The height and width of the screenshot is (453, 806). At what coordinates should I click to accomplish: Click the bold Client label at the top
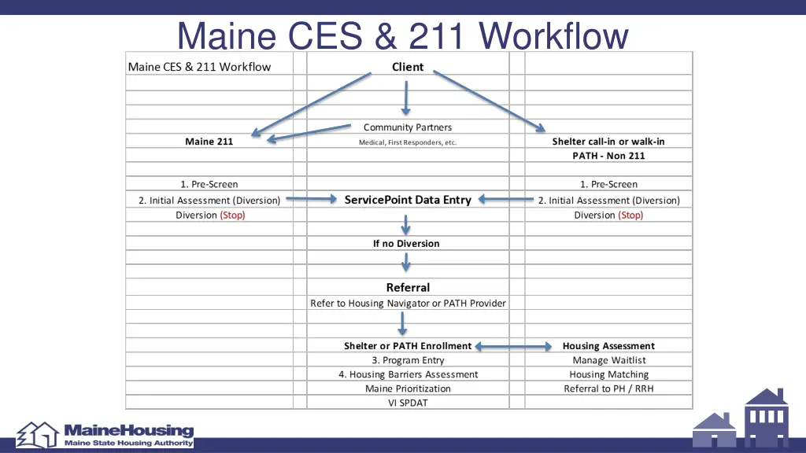pyautogui.click(x=408, y=67)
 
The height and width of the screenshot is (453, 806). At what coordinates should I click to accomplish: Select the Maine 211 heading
pyautogui.click(x=209, y=142)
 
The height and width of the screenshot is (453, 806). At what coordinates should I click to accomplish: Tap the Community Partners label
pyautogui.click(x=408, y=127)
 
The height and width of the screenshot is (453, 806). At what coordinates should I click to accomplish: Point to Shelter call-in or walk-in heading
pyautogui.click(x=608, y=142)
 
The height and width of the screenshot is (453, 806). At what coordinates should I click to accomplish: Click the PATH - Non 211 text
pyautogui.click(x=608, y=156)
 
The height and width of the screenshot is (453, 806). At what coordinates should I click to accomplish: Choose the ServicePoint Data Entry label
pyautogui.click(x=408, y=200)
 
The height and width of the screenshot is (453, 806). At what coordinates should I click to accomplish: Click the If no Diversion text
pyautogui.click(x=406, y=244)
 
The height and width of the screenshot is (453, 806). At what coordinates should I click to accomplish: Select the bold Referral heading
pyautogui.click(x=408, y=288)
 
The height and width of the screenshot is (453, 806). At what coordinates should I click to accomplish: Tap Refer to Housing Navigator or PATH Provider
pyautogui.click(x=408, y=304)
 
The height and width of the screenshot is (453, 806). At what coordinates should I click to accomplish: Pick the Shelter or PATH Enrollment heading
pyautogui.click(x=408, y=346)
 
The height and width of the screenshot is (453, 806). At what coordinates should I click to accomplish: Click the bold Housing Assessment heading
pyautogui.click(x=608, y=346)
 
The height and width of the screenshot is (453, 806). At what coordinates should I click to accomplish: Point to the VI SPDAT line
pyautogui.click(x=408, y=403)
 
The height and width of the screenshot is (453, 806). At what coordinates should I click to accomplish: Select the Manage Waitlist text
pyautogui.click(x=608, y=360)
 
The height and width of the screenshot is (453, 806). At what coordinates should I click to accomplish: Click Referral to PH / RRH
pyautogui.click(x=608, y=389)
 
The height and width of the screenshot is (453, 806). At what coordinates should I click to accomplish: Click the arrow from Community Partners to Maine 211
pyautogui.click(x=309, y=132)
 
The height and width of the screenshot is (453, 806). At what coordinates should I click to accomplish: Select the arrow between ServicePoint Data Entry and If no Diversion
pyautogui.click(x=406, y=225)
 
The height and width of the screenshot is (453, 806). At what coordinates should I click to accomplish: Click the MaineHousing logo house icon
pyautogui.click(x=38, y=434)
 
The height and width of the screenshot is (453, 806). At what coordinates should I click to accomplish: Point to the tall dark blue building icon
pyautogui.click(x=766, y=417)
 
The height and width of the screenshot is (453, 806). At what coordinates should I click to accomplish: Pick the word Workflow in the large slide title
pyautogui.click(x=555, y=37)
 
